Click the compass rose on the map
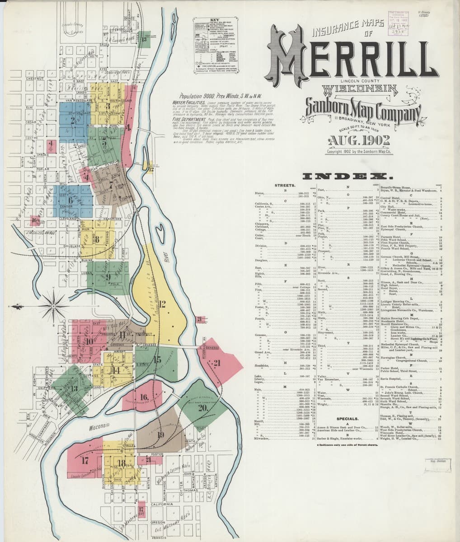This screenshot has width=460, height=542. pyautogui.click(x=53, y=306)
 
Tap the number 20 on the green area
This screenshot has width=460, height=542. pyautogui.click(x=202, y=407)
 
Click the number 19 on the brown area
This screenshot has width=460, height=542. pyautogui.click(x=160, y=435)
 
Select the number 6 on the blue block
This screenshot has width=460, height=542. pyautogui.click(x=70, y=200)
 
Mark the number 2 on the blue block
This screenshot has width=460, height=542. pyautogui.click(x=72, y=121)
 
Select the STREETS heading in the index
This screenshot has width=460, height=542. pyautogui.click(x=285, y=185)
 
